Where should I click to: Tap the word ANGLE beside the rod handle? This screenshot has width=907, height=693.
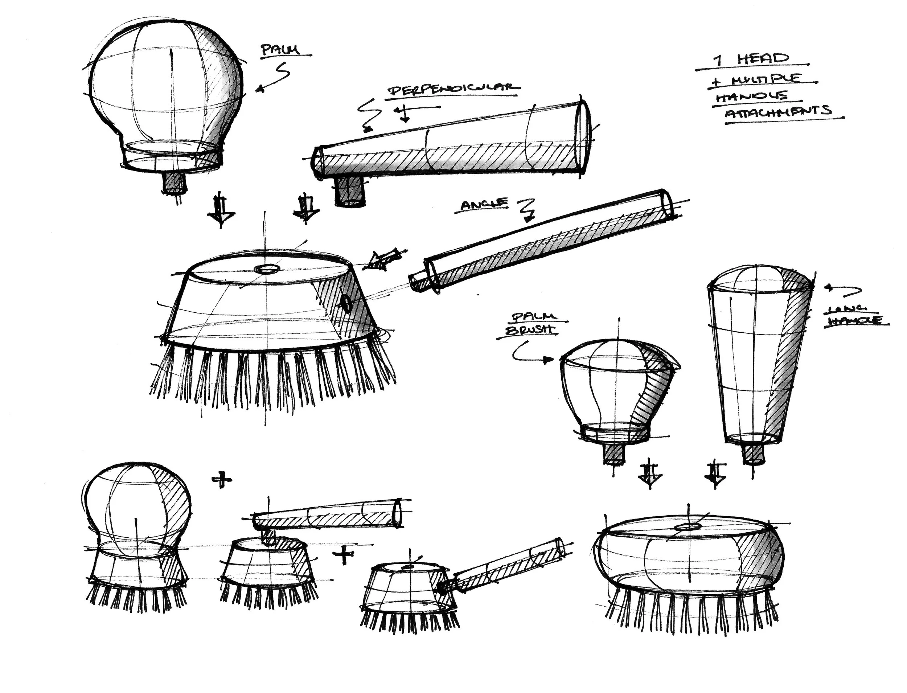483,205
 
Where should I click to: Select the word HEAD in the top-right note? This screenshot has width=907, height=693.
763,59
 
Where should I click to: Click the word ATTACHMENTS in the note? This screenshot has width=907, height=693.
778,111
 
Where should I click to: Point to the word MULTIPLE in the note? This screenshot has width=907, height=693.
766,79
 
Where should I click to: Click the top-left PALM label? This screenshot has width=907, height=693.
280,50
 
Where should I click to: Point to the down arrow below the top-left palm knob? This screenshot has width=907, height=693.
221,210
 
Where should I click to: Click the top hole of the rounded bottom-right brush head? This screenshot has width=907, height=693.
686,527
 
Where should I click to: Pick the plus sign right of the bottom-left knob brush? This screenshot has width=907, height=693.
222,480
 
